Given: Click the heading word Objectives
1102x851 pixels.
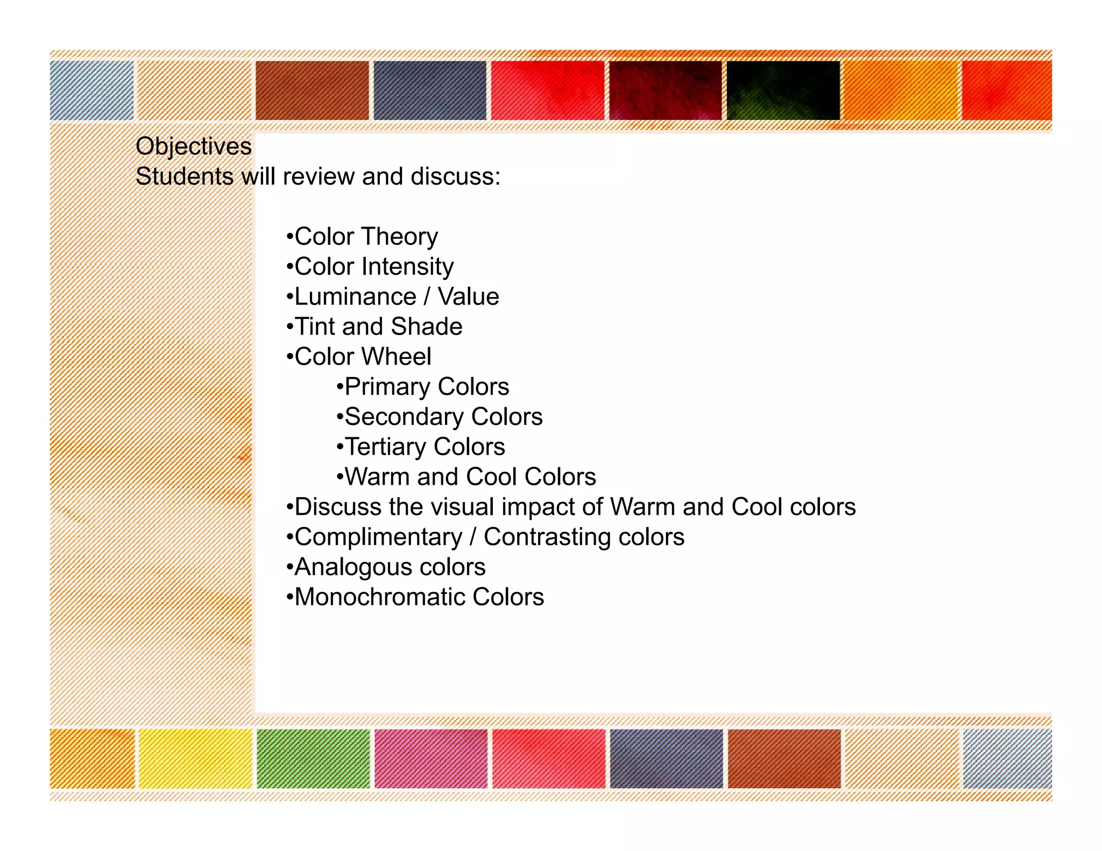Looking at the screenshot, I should coord(194,146).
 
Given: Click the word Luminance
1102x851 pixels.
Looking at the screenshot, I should coord(356,297).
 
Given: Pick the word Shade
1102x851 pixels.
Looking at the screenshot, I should coord(427,327).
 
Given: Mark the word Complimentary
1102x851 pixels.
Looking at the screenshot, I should coord(378,537).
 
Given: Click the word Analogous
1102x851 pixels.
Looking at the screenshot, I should coord(353,567).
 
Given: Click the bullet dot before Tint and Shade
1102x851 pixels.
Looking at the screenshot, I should coord(290,327).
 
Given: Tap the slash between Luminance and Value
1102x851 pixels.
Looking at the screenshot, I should coord(427,297).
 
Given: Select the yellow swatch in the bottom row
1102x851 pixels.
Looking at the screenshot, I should coord(195,758).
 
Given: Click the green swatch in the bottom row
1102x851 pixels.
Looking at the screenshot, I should coord(313,758).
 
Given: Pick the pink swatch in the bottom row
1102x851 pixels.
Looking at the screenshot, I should coord(431,758).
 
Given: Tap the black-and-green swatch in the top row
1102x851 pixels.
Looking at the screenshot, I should coord(783,90).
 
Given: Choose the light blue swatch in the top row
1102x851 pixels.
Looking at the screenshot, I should coord(91,90).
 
